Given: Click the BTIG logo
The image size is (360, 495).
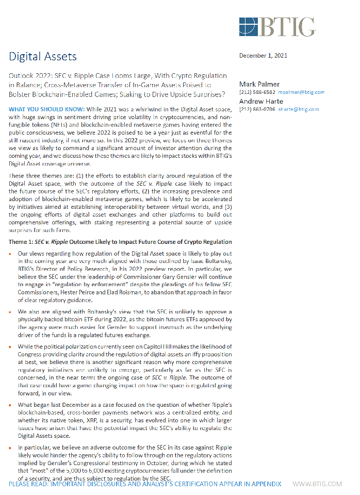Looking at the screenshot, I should (277, 26).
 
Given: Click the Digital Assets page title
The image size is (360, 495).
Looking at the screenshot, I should (43, 56).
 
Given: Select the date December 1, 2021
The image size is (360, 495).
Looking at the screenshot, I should (263, 56).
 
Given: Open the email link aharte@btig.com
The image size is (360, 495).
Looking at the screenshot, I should (298, 109).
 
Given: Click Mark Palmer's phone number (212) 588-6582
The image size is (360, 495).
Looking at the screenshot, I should (255, 92).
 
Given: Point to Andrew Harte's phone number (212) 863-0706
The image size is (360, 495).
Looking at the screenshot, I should (255, 109).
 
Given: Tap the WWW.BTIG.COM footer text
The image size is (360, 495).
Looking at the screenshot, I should (317, 484).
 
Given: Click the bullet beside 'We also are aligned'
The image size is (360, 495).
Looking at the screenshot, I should (12, 312).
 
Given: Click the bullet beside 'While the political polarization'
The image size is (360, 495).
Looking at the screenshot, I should (12, 346).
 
